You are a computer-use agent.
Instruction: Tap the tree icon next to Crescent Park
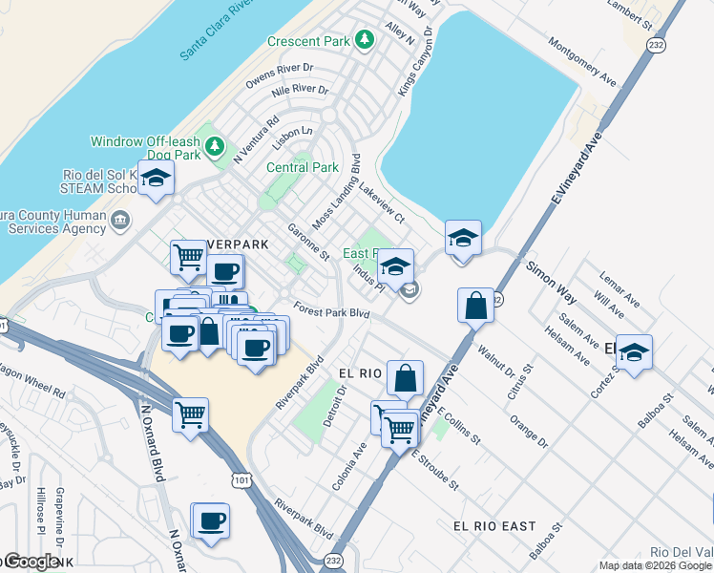tap(363, 40)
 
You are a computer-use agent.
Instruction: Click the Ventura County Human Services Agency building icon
tap(120, 223)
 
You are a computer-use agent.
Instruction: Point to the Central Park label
tap(302, 167)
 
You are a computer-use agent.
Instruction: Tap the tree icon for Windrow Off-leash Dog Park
tap(216, 146)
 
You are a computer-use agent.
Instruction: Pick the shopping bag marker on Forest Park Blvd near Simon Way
tap(475, 307)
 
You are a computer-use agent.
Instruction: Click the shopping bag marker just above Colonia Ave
tap(406, 378)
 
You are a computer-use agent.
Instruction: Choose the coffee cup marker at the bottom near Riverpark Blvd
tap(210, 521)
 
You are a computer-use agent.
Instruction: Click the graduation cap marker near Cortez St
tap(634, 352)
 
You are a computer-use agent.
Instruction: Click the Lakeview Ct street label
tap(382, 202)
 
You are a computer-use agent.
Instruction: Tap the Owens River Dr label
tap(279, 70)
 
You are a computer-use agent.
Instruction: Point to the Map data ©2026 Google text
tap(655, 565)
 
